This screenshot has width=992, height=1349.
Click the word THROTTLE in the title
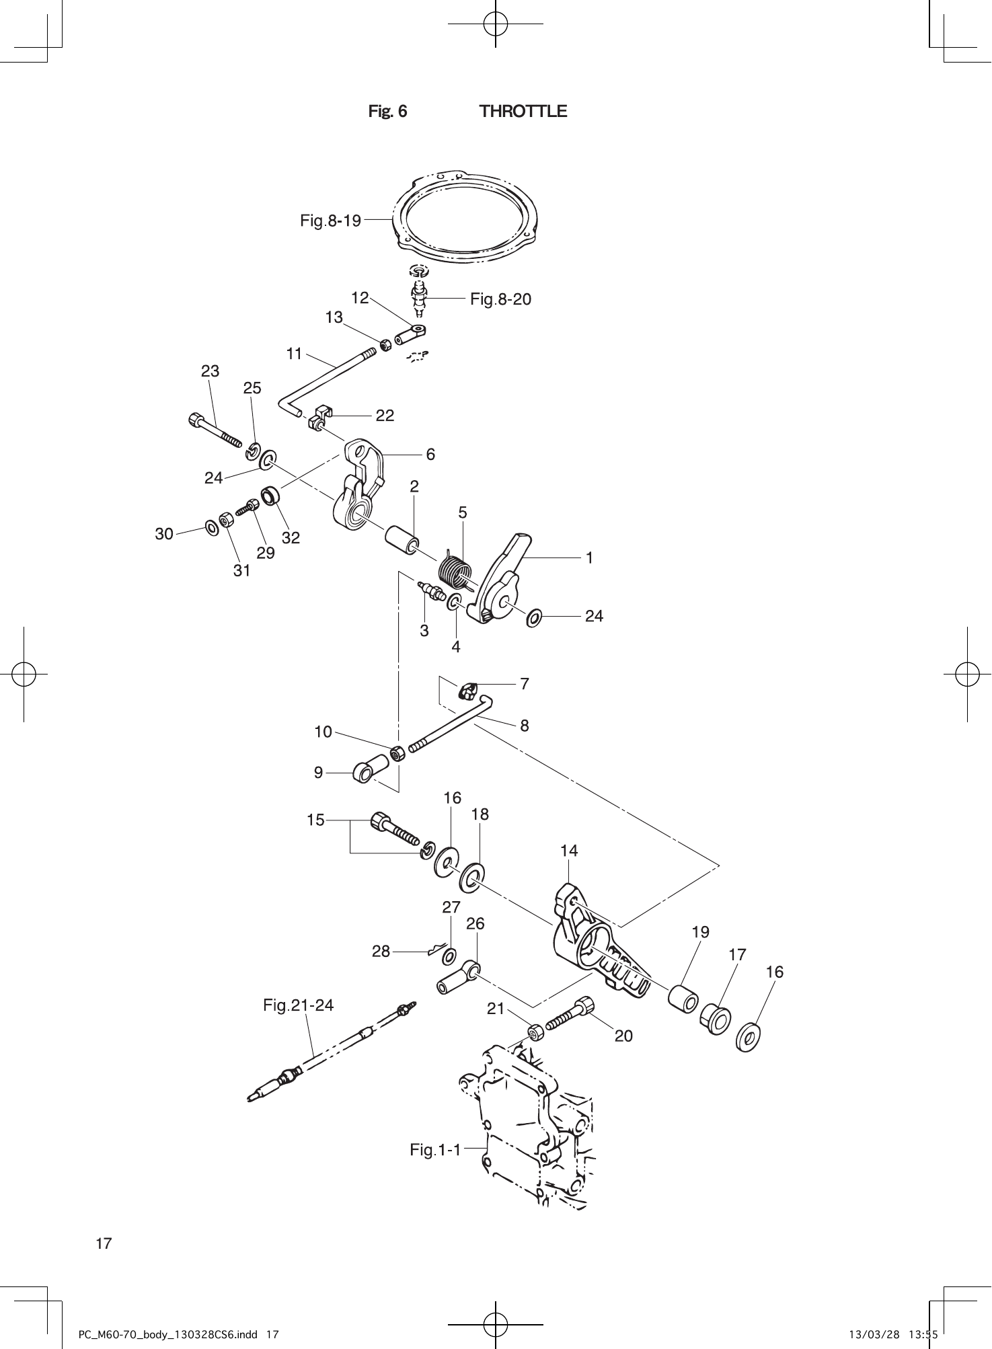(x=523, y=112)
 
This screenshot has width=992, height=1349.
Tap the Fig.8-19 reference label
(x=330, y=220)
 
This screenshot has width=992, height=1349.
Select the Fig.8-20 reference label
(x=500, y=299)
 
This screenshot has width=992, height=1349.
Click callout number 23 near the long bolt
(x=210, y=371)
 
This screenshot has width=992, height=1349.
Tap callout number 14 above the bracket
(x=568, y=851)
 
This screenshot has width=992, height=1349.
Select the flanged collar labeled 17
(x=717, y=1019)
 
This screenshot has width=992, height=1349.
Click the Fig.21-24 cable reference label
(x=298, y=1005)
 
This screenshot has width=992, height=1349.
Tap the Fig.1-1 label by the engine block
(x=435, y=1150)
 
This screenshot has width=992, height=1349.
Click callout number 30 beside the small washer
(x=164, y=534)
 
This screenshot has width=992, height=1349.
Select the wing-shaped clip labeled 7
(x=469, y=690)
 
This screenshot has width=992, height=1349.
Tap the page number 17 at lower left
(x=104, y=1243)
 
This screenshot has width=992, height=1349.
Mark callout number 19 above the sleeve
(x=700, y=932)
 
